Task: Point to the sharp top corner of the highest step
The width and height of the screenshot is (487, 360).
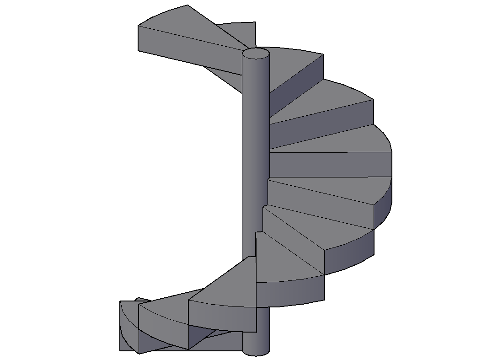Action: click(x=187, y=5)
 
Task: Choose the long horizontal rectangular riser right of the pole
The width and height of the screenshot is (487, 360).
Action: click(x=329, y=165)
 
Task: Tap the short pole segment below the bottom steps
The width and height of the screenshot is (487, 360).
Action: click(x=255, y=341)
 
